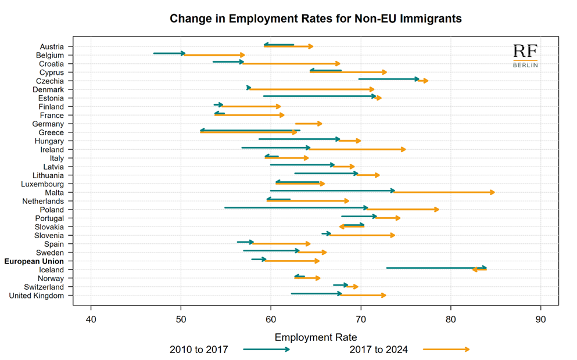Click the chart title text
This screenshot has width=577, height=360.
point(316,19)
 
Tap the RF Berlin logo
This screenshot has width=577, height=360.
point(525,56)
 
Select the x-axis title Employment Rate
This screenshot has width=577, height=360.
point(316,337)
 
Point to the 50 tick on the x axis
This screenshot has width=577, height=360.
point(181,319)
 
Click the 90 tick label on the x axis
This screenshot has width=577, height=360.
point(541,319)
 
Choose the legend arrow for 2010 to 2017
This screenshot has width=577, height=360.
point(266,350)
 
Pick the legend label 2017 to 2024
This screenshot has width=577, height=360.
point(378,350)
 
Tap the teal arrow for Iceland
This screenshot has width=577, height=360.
point(436,268)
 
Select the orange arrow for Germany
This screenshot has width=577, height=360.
point(308,124)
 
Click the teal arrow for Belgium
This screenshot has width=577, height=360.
point(169,53)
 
